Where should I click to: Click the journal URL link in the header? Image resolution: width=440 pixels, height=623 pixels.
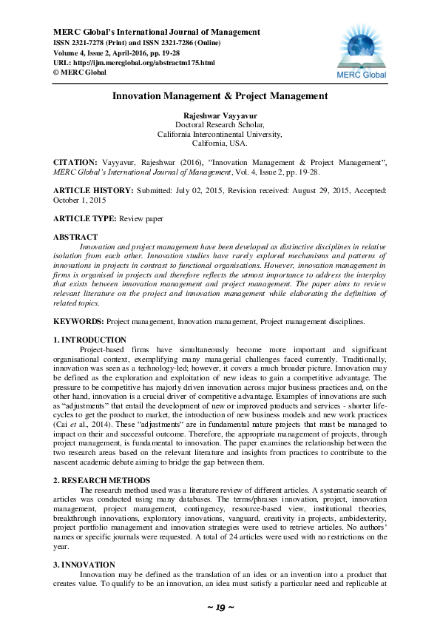coord(134,63)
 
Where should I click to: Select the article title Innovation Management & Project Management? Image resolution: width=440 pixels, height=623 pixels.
coord(220,96)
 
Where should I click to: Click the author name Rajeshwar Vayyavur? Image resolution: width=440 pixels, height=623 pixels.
coord(220,116)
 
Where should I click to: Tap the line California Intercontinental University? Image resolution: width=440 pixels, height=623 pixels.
coord(220,134)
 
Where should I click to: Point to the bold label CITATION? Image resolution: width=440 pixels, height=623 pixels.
coord(75,161)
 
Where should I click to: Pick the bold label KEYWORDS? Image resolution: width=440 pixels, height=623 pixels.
coord(78,323)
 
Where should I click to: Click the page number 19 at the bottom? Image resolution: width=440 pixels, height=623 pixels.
coord(220,607)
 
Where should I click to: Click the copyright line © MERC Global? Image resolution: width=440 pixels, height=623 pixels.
coord(80,73)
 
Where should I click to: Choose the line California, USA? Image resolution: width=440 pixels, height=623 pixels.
coord(220,143)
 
